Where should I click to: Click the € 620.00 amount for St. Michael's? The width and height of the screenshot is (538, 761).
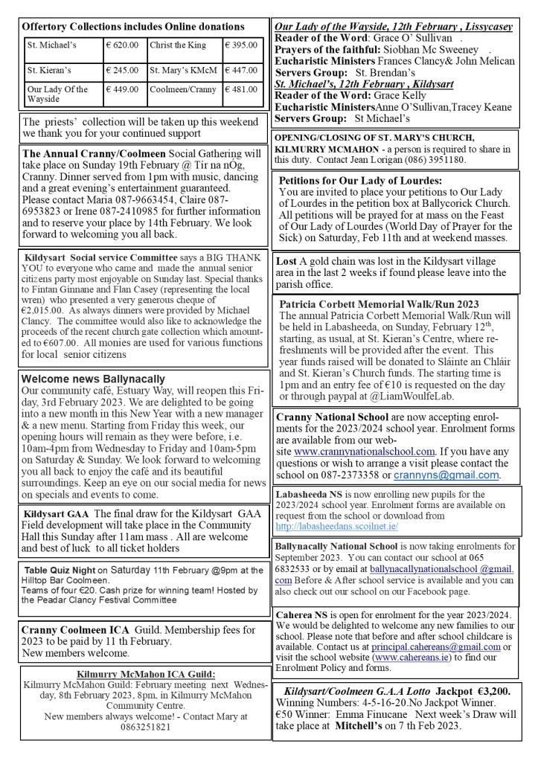tap(122, 45)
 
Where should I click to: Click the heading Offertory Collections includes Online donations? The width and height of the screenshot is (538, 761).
tap(133, 27)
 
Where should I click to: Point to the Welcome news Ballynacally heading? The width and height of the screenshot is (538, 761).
tap(93, 379)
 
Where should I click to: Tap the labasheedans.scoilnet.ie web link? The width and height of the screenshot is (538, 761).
tap(336, 525)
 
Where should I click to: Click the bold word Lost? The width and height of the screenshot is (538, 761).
tap(286, 261)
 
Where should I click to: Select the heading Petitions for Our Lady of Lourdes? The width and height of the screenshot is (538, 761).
tap(360, 180)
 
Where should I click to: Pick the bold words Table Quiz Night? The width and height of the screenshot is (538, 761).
tap(60, 570)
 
